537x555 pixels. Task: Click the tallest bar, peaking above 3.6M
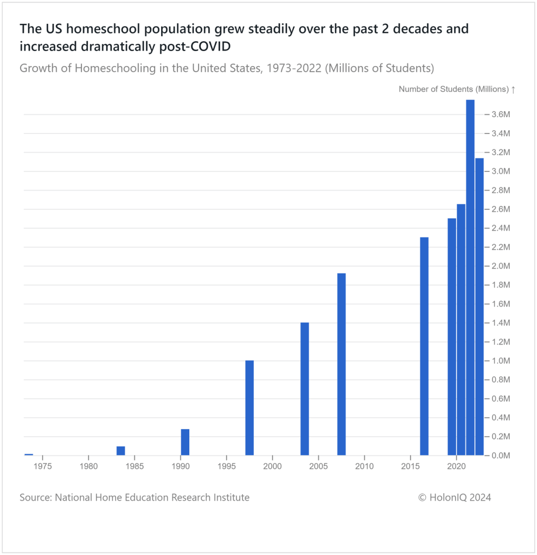[x=470, y=277]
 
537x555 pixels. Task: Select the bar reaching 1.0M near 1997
[x=250, y=407]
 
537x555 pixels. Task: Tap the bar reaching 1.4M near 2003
[x=305, y=388]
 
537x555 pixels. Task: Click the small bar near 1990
[x=185, y=442]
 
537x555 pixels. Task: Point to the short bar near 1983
[x=121, y=451]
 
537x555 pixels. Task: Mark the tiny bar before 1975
[x=29, y=454]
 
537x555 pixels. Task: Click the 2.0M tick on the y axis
[x=501, y=266]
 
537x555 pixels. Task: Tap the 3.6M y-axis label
[x=501, y=114]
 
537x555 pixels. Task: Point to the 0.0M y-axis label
[x=501, y=456]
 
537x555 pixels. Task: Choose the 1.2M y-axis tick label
[x=501, y=342]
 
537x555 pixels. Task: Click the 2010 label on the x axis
[x=365, y=465]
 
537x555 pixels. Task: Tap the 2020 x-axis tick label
[x=457, y=465]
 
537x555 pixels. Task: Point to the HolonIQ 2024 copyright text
[x=455, y=497]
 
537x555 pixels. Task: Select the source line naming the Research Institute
[x=135, y=497]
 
